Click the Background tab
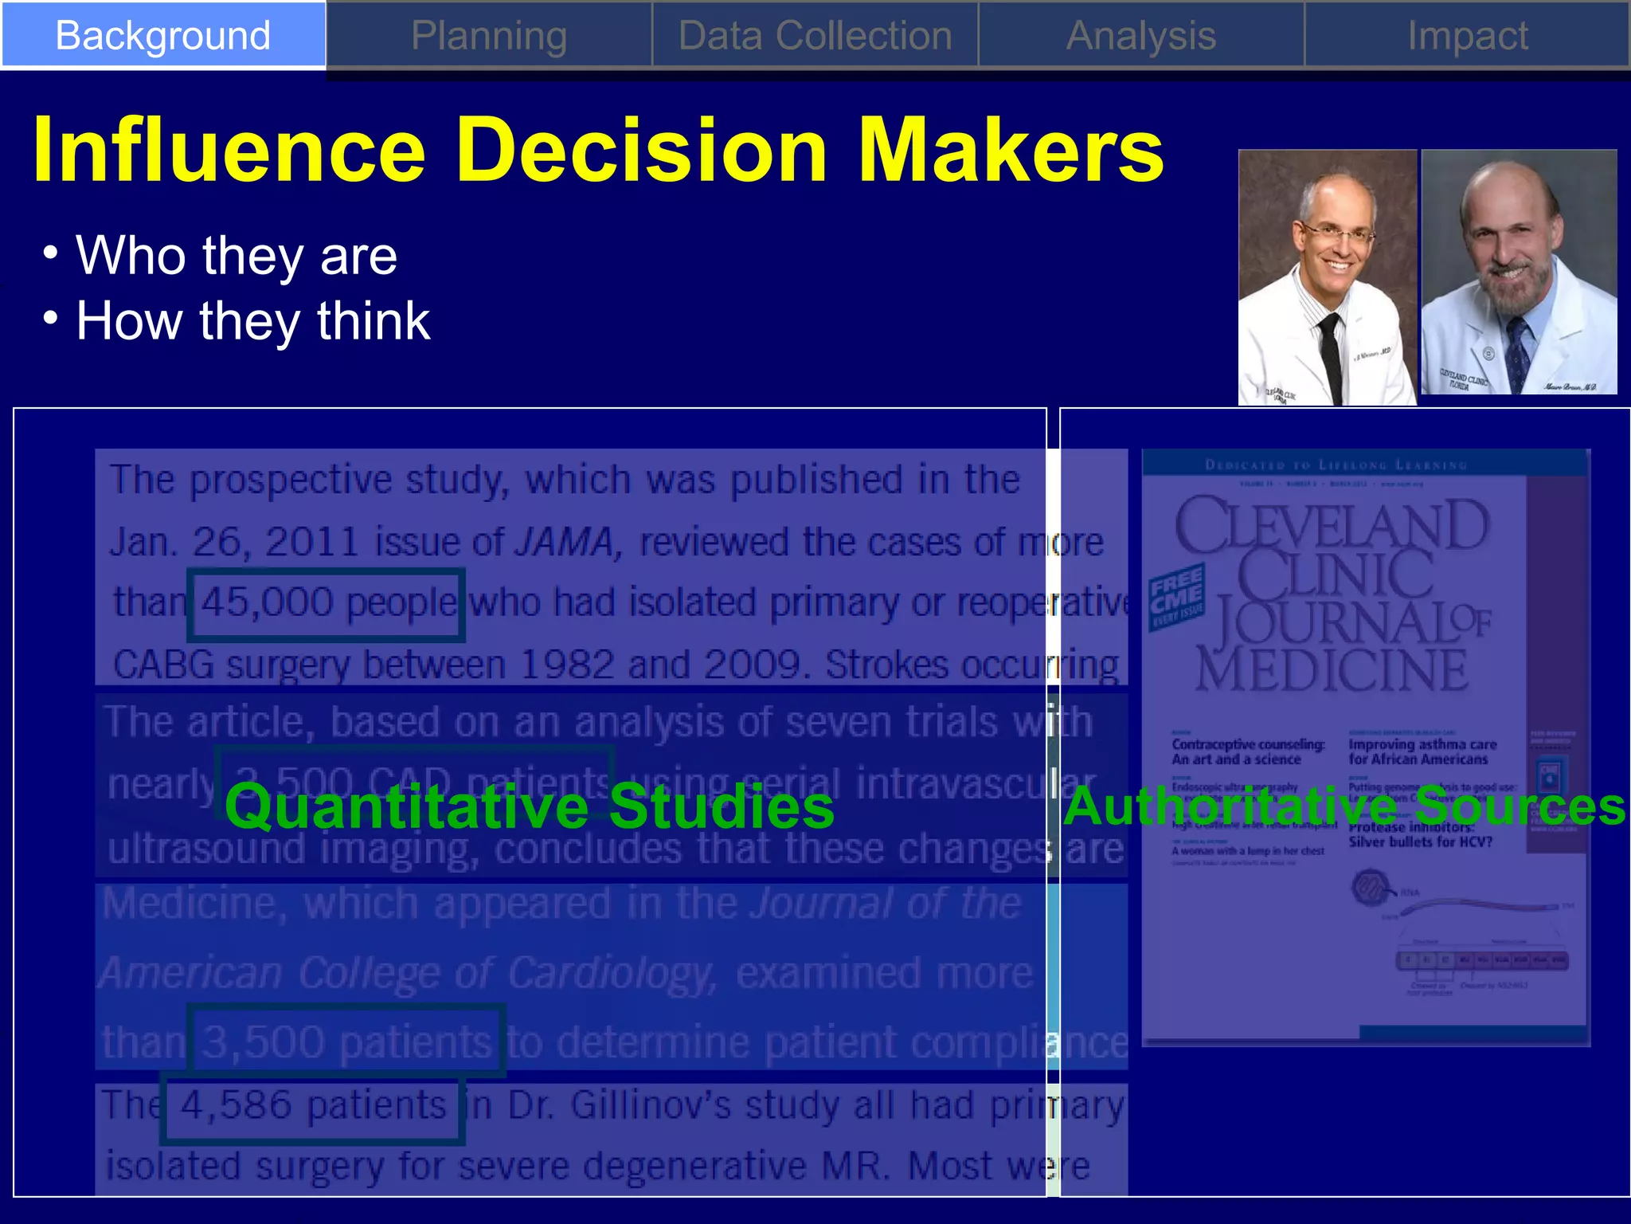pyautogui.click(x=162, y=36)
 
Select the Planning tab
pyautogui.click(x=489, y=36)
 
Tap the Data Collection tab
pyautogui.click(x=815, y=36)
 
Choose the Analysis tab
pyautogui.click(x=1140, y=36)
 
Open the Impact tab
pyautogui.click(x=1467, y=36)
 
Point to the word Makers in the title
pyautogui.click(x=1011, y=150)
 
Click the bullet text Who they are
pyautogui.click(x=236, y=256)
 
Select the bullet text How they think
pyautogui.click(x=252, y=321)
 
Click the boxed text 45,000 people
pyautogui.click(x=327, y=604)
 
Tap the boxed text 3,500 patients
pyautogui.click(x=346, y=1041)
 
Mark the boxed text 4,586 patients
pyautogui.click(x=312, y=1106)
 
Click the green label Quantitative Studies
pyautogui.click(x=530, y=806)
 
